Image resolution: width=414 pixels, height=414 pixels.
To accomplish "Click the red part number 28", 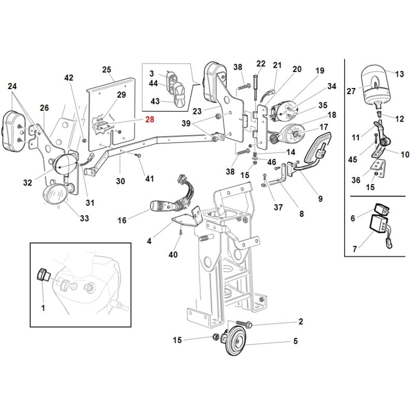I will pyautogui.click(x=150, y=120).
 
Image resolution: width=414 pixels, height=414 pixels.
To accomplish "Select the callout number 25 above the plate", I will pyautogui.click(x=107, y=70).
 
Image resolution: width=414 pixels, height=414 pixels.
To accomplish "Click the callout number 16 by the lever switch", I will pyautogui.click(x=122, y=220).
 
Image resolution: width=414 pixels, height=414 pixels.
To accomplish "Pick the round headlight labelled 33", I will pyautogui.click(x=56, y=194).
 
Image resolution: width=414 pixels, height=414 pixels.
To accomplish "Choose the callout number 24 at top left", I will pyautogui.click(x=12, y=87).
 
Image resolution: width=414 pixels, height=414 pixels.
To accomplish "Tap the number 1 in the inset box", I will pyautogui.click(x=43, y=308).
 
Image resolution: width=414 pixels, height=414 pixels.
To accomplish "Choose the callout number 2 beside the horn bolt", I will pyautogui.click(x=300, y=322).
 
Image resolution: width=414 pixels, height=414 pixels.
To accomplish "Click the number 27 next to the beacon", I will pyautogui.click(x=351, y=91).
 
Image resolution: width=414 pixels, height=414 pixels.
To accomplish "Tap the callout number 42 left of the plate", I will pyautogui.click(x=69, y=78).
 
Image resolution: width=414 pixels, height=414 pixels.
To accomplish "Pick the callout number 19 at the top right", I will pyautogui.click(x=319, y=70).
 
